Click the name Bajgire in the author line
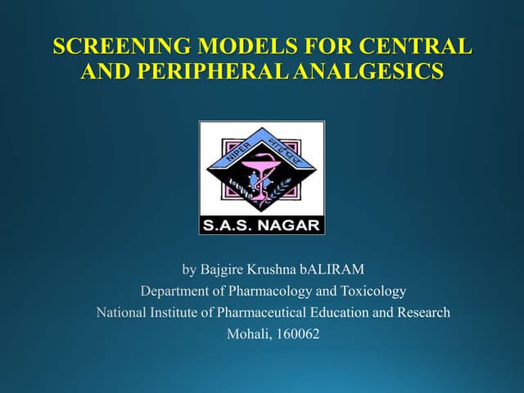(224, 269)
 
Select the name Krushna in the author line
(277, 269)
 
